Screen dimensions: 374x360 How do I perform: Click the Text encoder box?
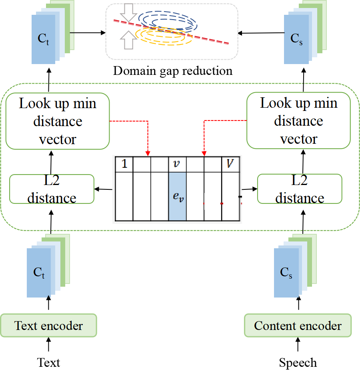[48, 326]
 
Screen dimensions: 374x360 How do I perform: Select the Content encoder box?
[298, 326]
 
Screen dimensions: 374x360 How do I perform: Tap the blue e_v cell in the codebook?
[177, 197]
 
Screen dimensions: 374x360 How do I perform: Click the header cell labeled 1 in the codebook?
[124, 164]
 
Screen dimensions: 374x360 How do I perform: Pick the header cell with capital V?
[230, 164]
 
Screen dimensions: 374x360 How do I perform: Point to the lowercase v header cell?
[177, 164]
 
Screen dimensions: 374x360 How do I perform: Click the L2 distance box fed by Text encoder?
[52, 189]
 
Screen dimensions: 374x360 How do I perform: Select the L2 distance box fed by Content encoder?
[300, 189]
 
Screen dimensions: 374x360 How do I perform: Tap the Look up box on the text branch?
[58, 121]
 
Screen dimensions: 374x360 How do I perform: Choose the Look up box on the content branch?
[298, 121]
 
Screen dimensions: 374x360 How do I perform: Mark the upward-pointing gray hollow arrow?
[128, 40]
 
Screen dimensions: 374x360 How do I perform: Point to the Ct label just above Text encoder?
[39, 273]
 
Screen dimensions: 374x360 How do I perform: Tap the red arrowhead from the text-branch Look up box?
[148, 154]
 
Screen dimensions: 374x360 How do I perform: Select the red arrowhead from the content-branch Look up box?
[204, 154]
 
